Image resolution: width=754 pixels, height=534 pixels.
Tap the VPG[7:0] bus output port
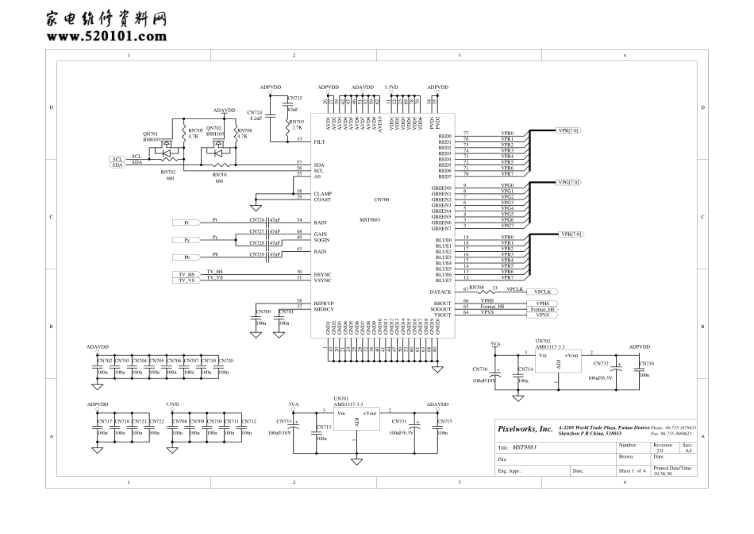coord(569,182)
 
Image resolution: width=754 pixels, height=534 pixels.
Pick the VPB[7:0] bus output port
coord(571,234)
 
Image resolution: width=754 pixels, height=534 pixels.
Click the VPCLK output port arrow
coord(547,292)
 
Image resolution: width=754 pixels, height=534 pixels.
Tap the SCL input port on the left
coord(117,159)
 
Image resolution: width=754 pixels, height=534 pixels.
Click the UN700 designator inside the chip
coord(381,199)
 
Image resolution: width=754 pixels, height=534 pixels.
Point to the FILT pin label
coord(319,141)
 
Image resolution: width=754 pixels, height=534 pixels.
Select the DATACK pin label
coord(440,292)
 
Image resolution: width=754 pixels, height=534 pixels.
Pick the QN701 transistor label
coord(150,133)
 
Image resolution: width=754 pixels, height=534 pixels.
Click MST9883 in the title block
coord(525,447)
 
